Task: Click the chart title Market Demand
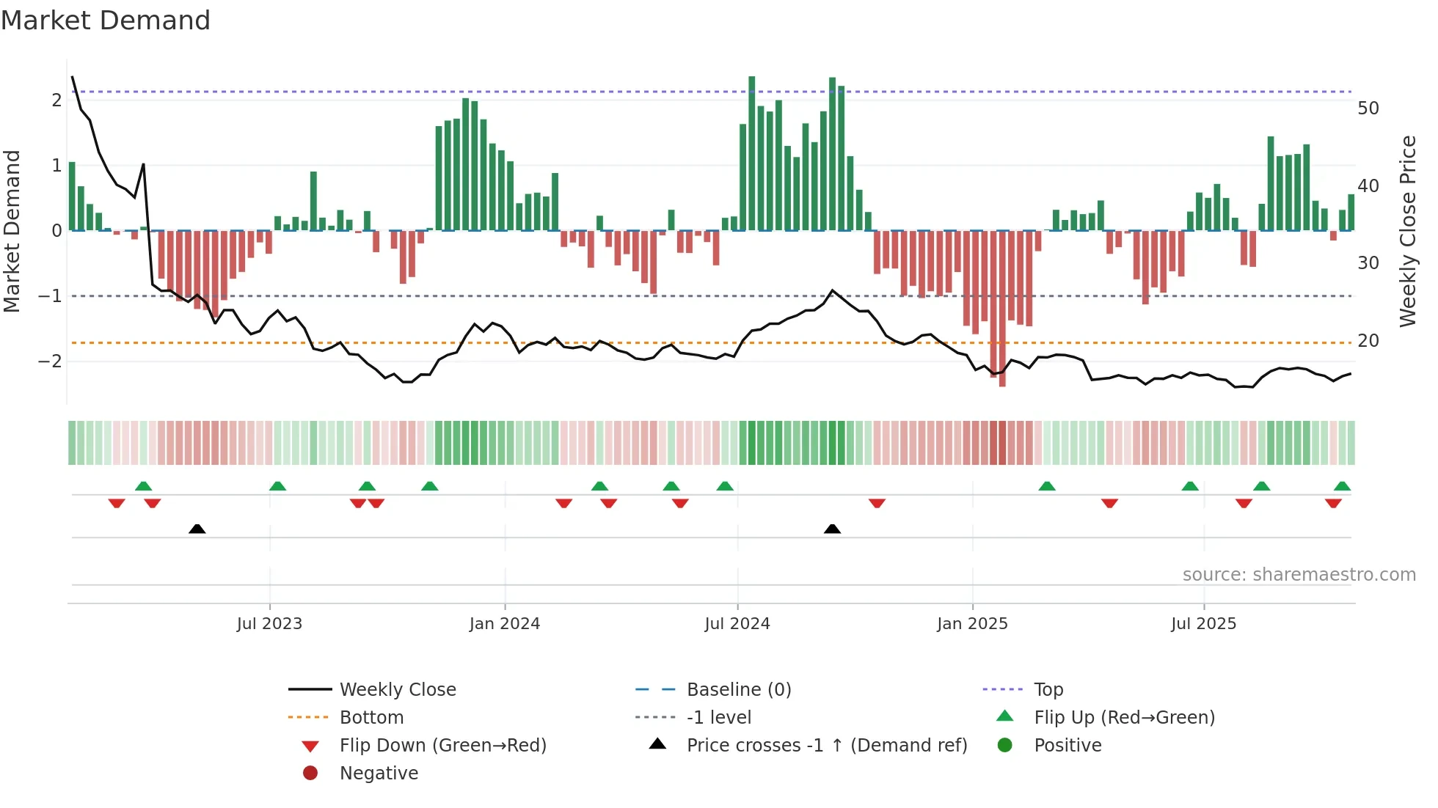[106, 21]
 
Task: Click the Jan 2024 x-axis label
[505, 624]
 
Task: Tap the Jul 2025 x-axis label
[1203, 624]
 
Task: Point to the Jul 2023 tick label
[269, 624]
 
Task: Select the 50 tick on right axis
[1368, 109]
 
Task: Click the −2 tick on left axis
[50, 361]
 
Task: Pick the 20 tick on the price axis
[1368, 341]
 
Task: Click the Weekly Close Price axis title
[1407, 231]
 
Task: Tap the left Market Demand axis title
[12, 231]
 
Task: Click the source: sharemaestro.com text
[1299, 575]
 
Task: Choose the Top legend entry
[1048, 690]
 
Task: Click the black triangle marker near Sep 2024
[832, 529]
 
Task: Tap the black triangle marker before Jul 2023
[197, 529]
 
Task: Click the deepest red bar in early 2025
[1002, 308]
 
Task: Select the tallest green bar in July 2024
[751, 154]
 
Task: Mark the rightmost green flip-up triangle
[1342, 486]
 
